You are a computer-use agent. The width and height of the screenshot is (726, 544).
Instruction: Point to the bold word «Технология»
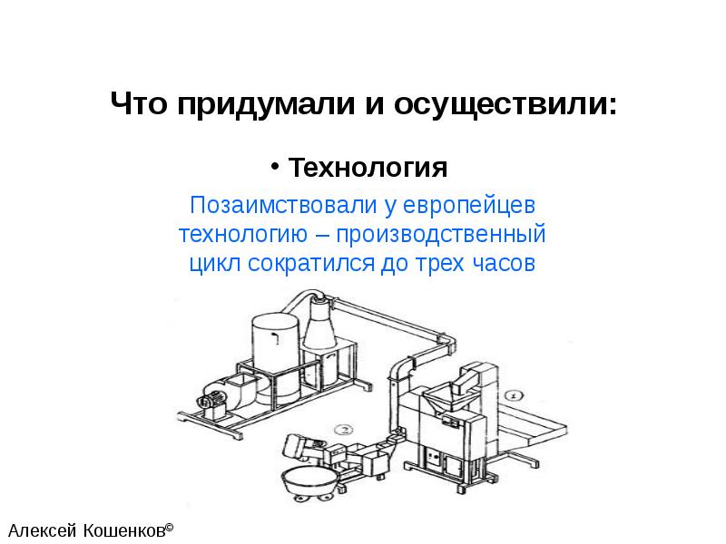click(368, 168)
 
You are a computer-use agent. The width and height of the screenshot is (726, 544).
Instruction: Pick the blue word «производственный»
click(441, 234)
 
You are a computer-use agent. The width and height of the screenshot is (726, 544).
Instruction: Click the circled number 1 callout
click(514, 395)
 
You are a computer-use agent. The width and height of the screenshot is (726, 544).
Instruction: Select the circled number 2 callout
click(343, 429)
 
